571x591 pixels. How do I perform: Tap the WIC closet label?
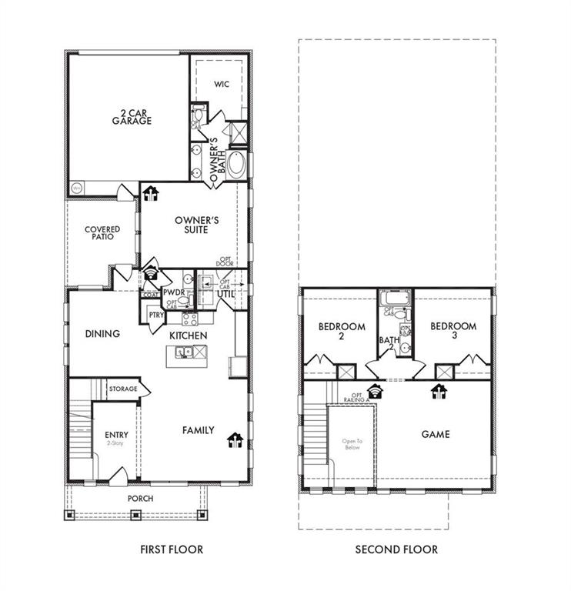(x=222, y=83)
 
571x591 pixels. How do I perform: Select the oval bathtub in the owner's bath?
(x=239, y=165)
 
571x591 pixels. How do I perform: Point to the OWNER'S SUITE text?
(x=196, y=225)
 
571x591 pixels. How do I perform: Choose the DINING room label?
(x=102, y=334)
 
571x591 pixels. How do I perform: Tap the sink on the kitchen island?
(x=183, y=353)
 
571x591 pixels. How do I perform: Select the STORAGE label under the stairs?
(x=123, y=389)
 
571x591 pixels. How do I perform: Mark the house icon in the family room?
(x=235, y=439)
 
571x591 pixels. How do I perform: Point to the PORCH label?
(x=141, y=499)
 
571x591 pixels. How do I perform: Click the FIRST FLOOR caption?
(x=172, y=549)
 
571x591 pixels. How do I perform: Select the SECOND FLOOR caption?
(x=396, y=549)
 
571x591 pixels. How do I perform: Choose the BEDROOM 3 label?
(x=452, y=331)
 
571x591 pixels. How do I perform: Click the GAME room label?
(x=435, y=434)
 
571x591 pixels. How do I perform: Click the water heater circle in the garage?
(x=77, y=188)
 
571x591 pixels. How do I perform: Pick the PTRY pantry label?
(x=155, y=315)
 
